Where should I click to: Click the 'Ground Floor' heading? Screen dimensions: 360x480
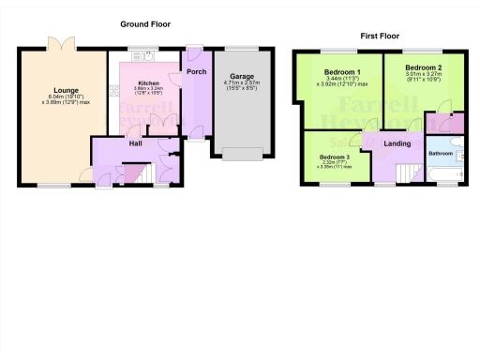pos(144,23)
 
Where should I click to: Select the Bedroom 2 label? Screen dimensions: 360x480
pos(423,67)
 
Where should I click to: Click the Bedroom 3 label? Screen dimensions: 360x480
pos(335,156)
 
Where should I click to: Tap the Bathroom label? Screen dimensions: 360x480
pos(440,151)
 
